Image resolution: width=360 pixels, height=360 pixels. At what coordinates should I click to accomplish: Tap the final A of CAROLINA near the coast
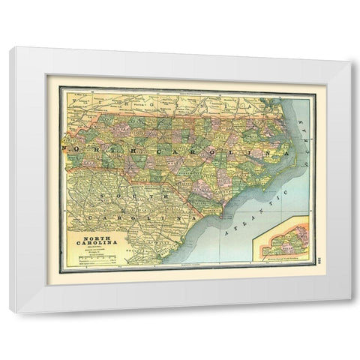click(x=285, y=151)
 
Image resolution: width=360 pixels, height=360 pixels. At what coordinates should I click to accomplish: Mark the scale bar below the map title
click(x=93, y=261)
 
